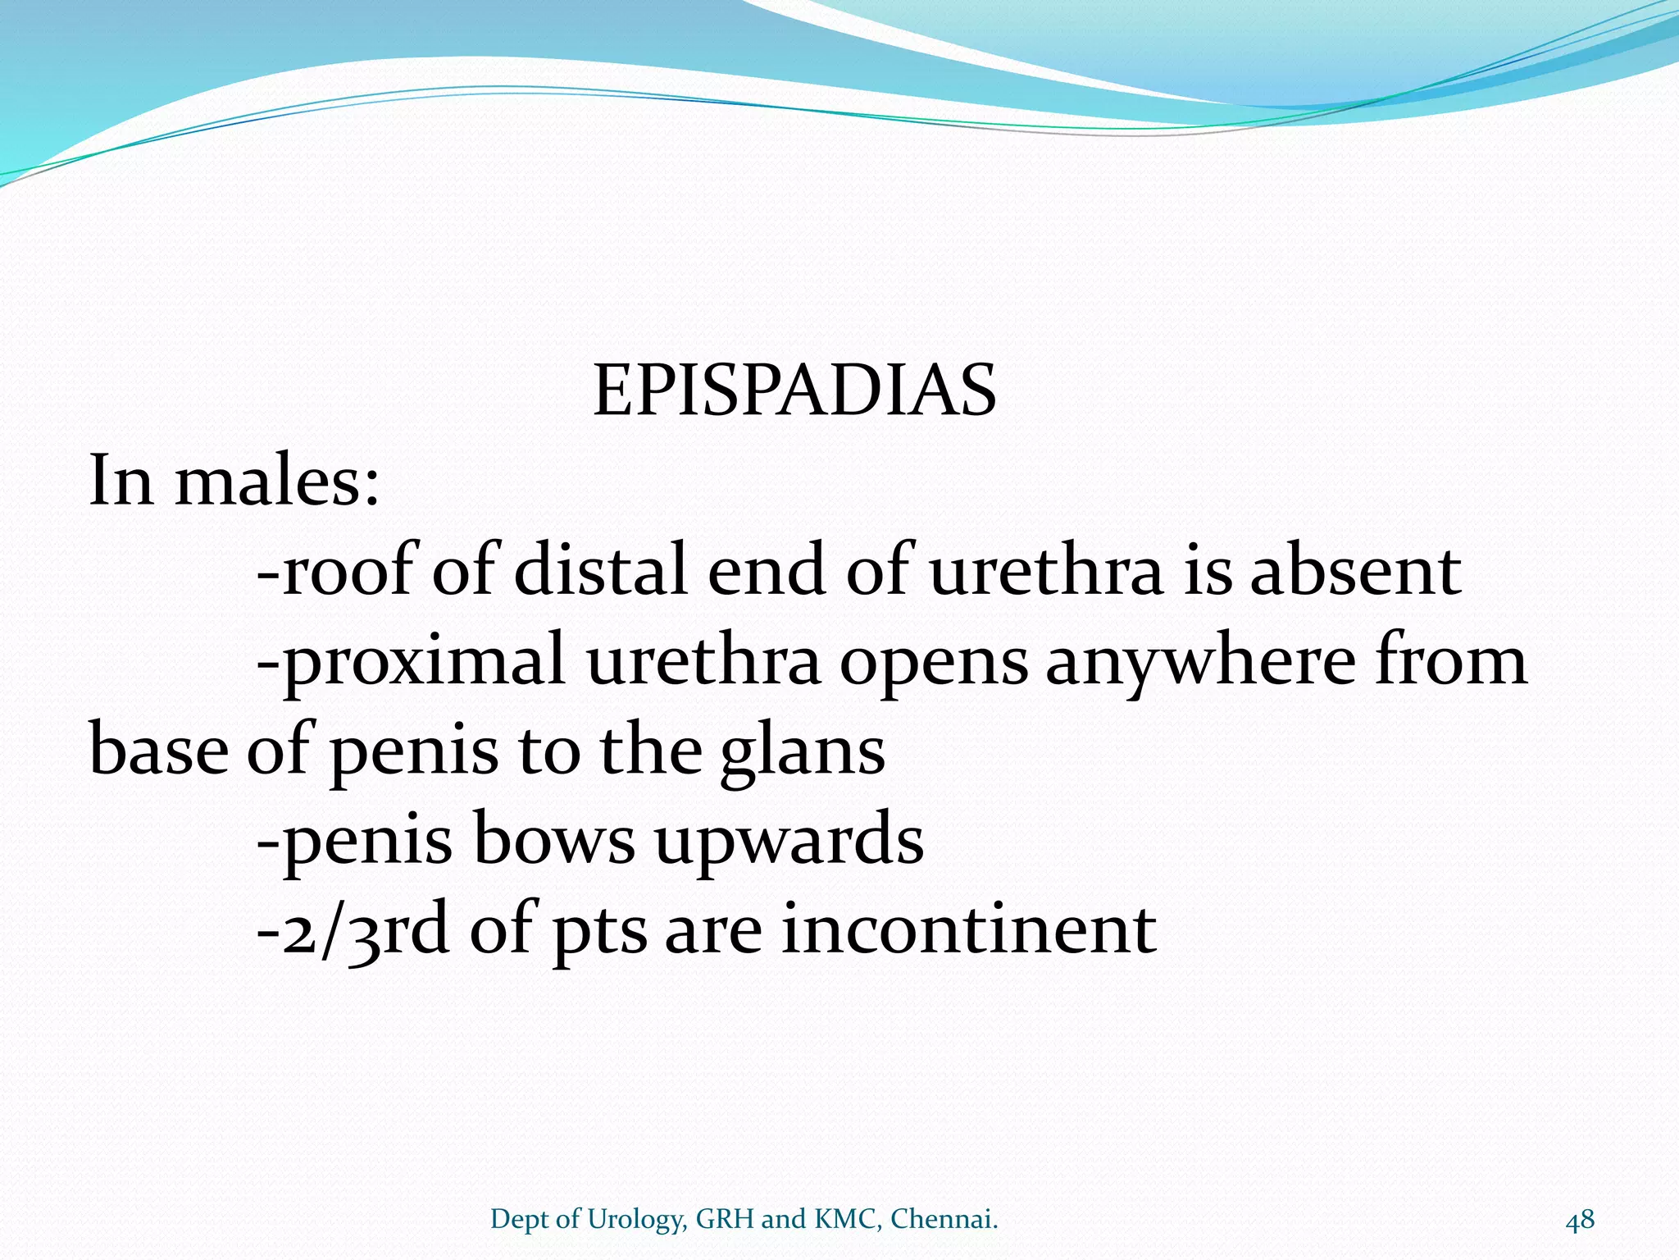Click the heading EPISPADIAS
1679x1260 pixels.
(794, 391)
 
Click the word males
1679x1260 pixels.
(277, 481)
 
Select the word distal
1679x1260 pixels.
(600, 571)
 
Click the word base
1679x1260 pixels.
(159, 751)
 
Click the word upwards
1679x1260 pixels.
(789, 842)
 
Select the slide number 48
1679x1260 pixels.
(1580, 1219)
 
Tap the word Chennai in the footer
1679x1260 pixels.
(944, 1219)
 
